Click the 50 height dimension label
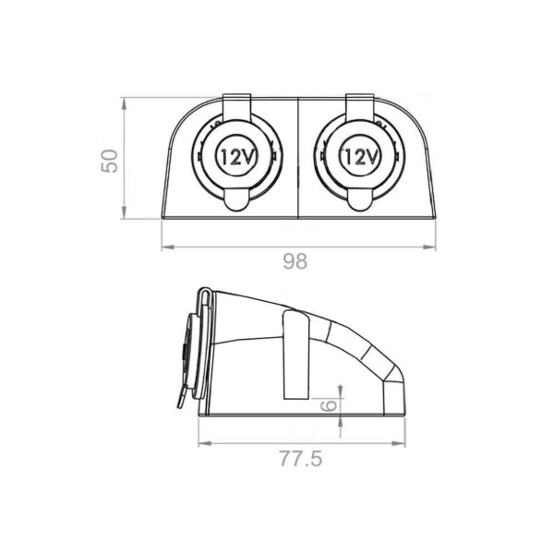[110, 161]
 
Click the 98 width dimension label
[295, 262]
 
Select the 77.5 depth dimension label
[301, 459]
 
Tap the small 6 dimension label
[328, 406]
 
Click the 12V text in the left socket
[237, 157]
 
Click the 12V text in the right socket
[360, 157]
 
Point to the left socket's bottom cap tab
[236, 200]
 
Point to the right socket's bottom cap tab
[360, 200]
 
